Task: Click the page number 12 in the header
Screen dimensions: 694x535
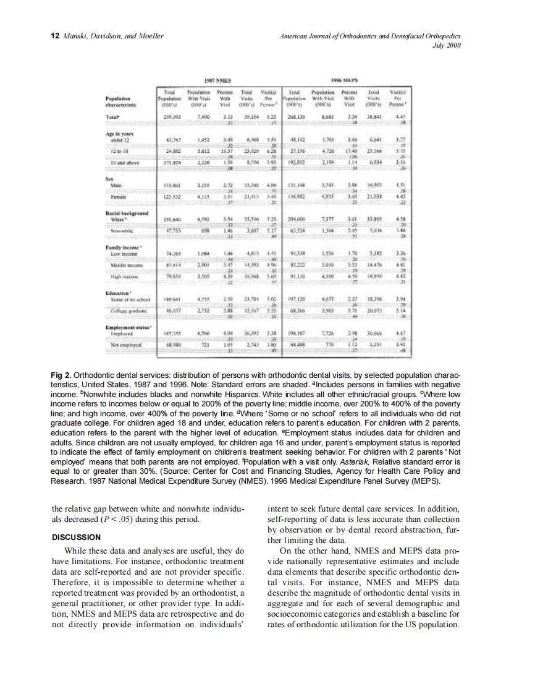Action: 53,36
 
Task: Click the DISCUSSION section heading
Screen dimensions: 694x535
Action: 77,537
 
